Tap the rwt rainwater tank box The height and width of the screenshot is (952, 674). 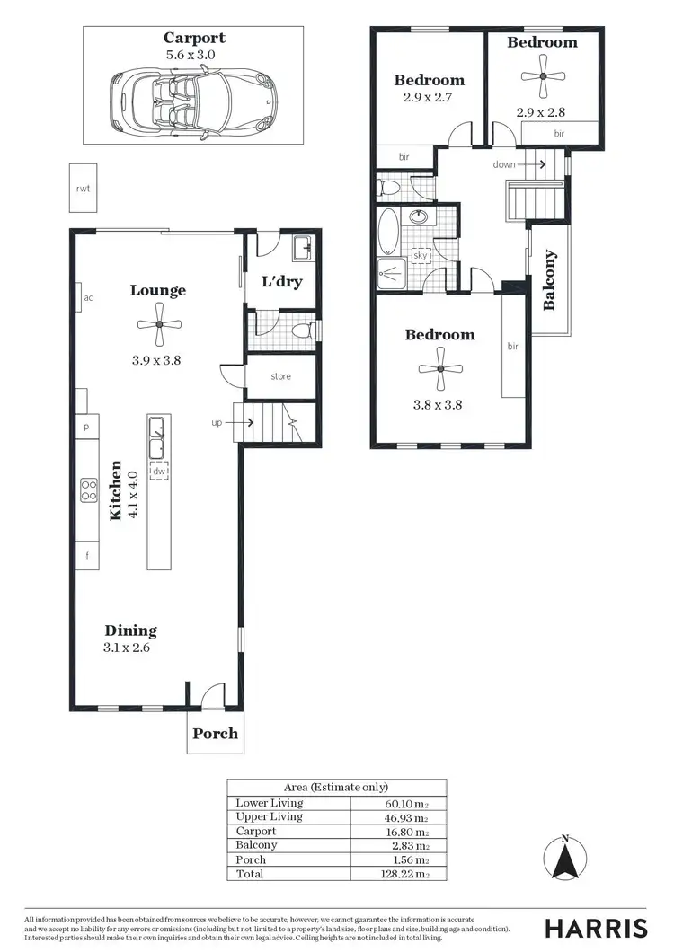pos(84,189)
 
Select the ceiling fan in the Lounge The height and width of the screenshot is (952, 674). pos(158,324)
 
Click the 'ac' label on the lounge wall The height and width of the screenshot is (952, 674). pos(88,298)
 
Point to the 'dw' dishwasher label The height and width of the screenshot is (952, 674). pos(159,470)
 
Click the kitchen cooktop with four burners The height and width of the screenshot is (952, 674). pos(89,489)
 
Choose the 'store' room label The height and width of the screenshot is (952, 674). pos(280,376)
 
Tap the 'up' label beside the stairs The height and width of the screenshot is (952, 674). pos(217,421)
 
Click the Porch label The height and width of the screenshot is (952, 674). pos(216,734)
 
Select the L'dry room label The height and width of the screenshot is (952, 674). pos(281,282)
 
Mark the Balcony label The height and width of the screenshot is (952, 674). pos(549,280)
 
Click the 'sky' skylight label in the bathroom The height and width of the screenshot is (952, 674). pos(420,256)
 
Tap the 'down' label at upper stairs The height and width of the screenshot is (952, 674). pos(504,165)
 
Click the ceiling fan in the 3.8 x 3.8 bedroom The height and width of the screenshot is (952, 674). pos(439,368)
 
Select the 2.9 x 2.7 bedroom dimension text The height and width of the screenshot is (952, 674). pos(429,97)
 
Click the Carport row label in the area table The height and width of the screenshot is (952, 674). pos(255,831)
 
